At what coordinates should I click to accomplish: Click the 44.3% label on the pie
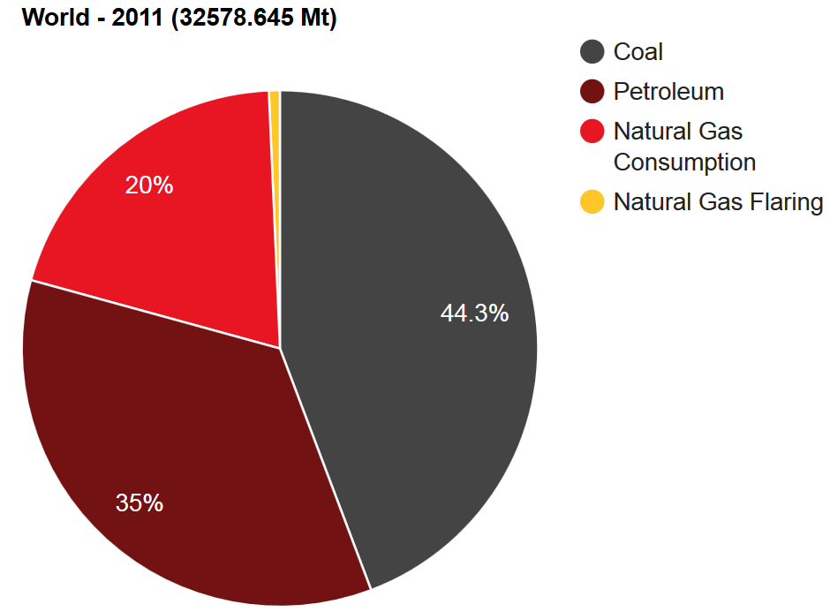click(474, 313)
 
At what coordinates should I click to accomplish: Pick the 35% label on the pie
click(140, 503)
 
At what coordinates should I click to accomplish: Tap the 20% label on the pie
click(149, 185)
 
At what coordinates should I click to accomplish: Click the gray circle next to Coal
click(592, 52)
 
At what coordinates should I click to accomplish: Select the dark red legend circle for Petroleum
click(592, 92)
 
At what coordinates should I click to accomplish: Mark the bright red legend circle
click(592, 132)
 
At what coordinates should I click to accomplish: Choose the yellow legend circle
click(592, 202)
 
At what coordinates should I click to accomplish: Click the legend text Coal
click(638, 52)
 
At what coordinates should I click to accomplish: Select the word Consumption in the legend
click(684, 162)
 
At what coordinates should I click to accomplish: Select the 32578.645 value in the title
click(233, 18)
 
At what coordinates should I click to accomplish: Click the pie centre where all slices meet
click(280, 348)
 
